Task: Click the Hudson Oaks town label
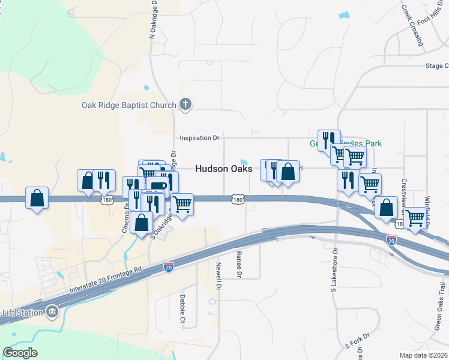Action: (x=220, y=169)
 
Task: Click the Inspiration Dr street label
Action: (x=200, y=138)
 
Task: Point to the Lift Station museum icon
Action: (x=52, y=311)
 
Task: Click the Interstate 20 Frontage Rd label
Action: (x=105, y=287)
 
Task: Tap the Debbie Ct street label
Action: (x=182, y=308)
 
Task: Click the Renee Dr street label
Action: (x=239, y=264)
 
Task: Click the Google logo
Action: (x=20, y=353)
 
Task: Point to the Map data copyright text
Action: (x=423, y=355)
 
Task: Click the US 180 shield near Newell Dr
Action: (x=238, y=199)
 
